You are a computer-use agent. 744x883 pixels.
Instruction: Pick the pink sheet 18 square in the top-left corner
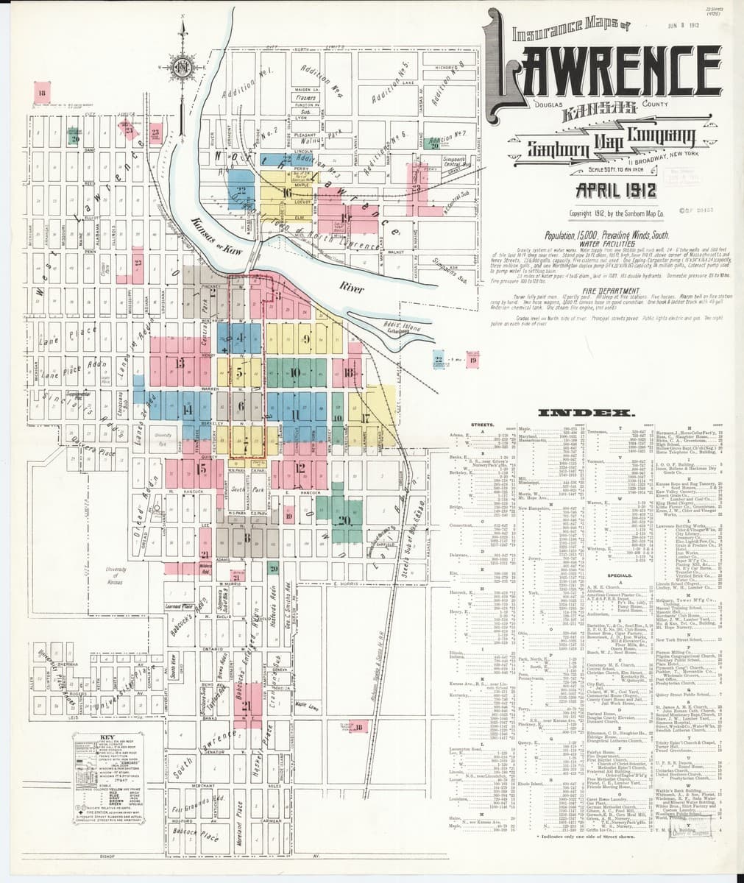pos(43,93)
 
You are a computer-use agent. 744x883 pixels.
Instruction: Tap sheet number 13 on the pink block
pos(180,363)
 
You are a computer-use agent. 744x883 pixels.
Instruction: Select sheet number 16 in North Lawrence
pos(286,193)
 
